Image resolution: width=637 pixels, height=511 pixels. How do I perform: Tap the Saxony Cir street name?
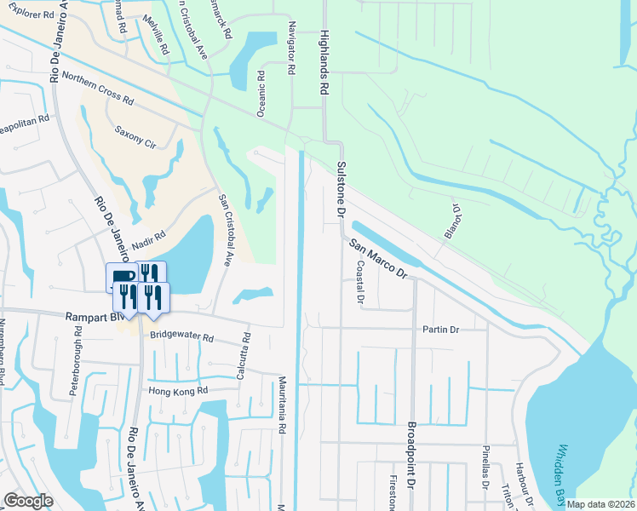[137, 137]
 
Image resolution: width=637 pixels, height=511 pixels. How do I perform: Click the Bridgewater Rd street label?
[181, 336]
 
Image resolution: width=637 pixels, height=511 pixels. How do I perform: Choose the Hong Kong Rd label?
[178, 392]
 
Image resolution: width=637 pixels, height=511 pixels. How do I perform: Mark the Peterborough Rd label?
[77, 366]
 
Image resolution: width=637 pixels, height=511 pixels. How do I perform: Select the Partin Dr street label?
[442, 330]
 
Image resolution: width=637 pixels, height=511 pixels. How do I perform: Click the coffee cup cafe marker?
[120, 277]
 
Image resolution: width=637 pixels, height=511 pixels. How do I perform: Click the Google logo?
[28, 501]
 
